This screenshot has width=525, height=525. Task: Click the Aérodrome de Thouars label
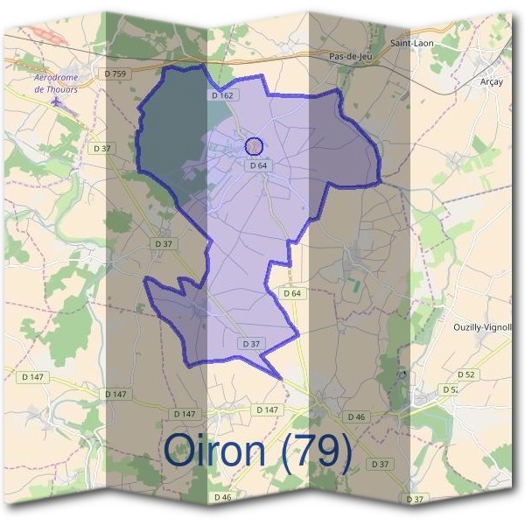[x=56, y=82]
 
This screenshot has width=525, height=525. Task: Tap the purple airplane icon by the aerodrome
[x=58, y=102]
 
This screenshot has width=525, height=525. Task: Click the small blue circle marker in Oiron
[x=254, y=146]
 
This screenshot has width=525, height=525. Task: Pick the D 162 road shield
[x=220, y=94]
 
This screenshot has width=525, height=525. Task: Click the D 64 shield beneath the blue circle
[x=256, y=164]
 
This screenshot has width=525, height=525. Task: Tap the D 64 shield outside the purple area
[x=292, y=293]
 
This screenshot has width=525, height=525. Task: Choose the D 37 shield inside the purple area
[x=251, y=344]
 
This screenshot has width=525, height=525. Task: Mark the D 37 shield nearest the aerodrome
[x=101, y=149]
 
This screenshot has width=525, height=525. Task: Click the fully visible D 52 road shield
[x=466, y=374]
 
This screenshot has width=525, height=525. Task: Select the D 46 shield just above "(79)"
[x=355, y=416]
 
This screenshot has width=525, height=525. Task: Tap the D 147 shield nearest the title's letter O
[x=185, y=412]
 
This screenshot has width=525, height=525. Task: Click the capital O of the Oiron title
[x=179, y=451]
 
